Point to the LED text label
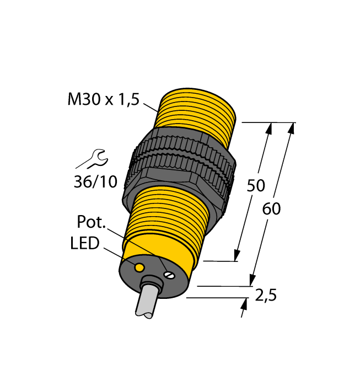point(85,243)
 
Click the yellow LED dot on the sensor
point(140,267)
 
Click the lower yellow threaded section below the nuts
point(171,210)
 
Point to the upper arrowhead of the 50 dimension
point(270,128)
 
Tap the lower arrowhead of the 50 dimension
point(237,255)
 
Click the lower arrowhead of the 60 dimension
point(253,281)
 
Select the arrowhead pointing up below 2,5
point(244,303)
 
